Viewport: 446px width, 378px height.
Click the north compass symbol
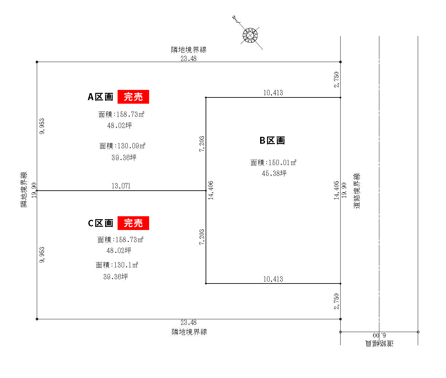pos(250,35)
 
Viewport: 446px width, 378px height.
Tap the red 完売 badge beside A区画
pos(133,96)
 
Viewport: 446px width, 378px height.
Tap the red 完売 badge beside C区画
pos(133,223)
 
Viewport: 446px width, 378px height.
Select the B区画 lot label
pos(272,140)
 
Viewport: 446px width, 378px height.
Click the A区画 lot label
pos(100,97)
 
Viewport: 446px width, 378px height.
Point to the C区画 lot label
pos(100,223)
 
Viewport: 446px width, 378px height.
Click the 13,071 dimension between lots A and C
pos(121,186)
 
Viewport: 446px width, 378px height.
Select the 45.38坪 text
pos(274,173)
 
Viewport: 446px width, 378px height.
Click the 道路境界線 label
pos(356,191)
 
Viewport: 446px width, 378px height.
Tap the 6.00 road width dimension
pos(379,336)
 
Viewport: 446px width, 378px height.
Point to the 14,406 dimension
pos(211,190)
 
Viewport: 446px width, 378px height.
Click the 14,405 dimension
pos(336,190)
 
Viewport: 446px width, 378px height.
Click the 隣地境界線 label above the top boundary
pos(189,50)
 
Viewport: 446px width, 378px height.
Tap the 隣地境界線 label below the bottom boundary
pos(190,332)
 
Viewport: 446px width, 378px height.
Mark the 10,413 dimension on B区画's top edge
pos(273,93)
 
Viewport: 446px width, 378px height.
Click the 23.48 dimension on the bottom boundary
pos(189,322)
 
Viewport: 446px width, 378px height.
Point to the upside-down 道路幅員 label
pos(379,343)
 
